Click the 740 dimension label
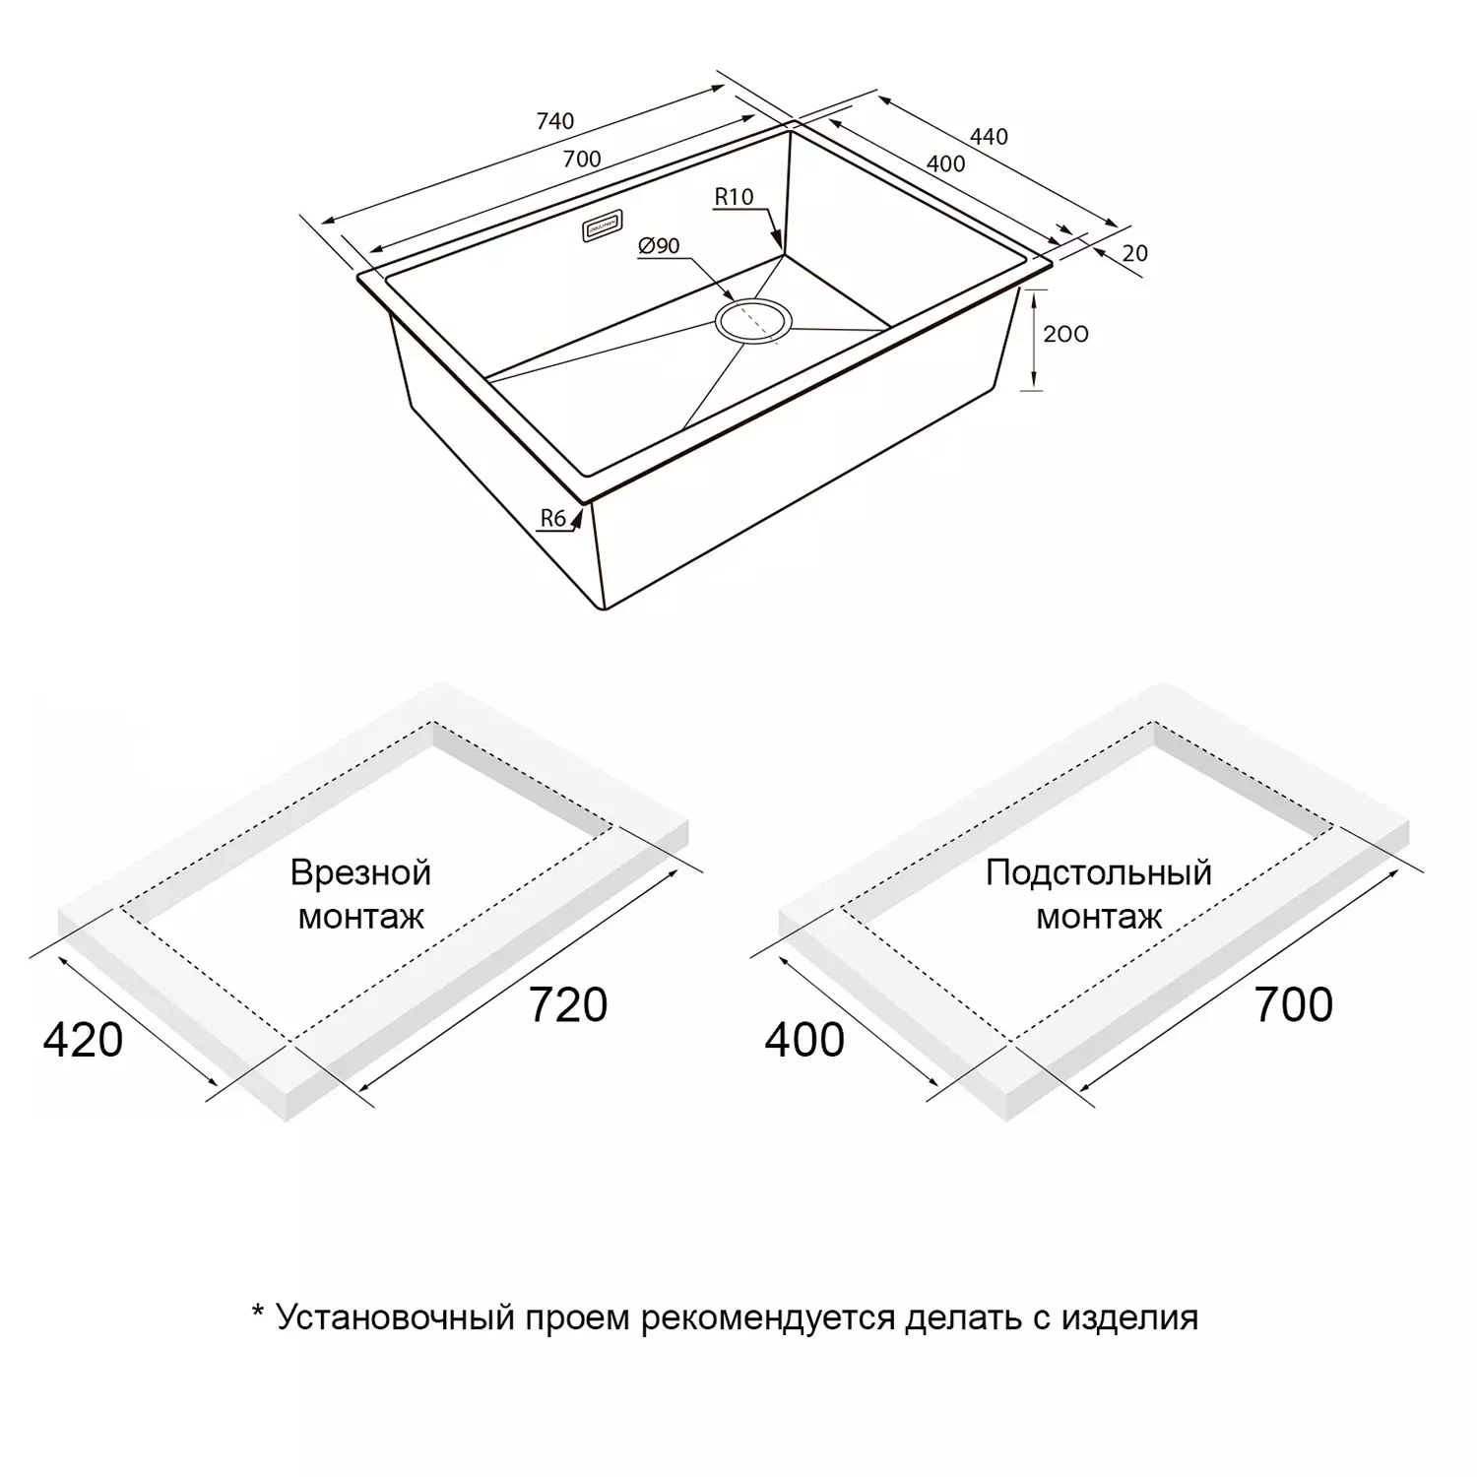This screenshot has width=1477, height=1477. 554,121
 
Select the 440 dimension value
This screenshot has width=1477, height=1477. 989,137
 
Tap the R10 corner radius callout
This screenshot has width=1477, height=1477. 734,197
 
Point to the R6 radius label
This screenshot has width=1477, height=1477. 552,518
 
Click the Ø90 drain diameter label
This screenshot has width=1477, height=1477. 659,246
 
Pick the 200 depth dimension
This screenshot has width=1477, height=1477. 1065,335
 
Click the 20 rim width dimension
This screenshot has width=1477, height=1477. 1135,253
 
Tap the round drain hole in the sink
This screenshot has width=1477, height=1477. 753,321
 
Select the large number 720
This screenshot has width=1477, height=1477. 568,1004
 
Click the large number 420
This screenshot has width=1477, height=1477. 83,1040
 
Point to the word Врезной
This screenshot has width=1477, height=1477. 360,872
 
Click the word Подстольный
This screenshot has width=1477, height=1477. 1098,872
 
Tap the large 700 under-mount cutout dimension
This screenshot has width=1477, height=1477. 1293,1004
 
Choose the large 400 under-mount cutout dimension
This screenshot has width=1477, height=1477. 804,1040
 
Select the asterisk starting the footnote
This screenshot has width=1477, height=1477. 258,1312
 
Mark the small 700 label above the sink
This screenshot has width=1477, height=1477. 582,159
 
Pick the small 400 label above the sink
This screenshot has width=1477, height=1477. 945,164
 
